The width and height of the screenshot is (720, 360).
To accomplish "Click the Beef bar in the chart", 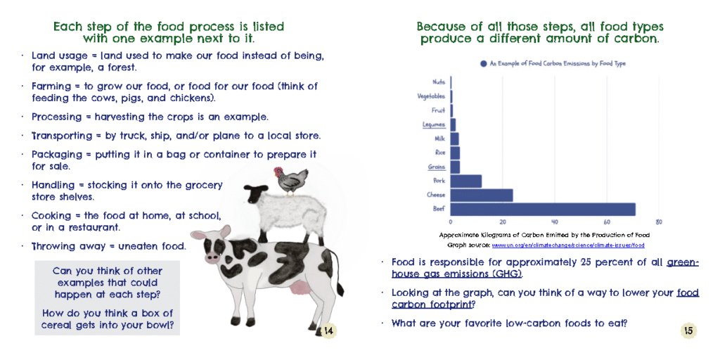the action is coord(543,209).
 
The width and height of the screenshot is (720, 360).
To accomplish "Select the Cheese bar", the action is coord(482,195).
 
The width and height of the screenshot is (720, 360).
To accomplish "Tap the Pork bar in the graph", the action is coord(466,181).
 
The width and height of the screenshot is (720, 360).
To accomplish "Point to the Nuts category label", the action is coord(439,82).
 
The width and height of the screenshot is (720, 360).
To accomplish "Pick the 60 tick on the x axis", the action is coord(607,222).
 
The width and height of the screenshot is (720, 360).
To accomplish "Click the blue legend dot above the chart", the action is coord(483,64).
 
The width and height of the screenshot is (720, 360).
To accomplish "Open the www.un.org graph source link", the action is coord(568,245).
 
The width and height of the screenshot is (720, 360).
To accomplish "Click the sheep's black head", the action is coord(256,193).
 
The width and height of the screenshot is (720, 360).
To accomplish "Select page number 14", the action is coord(328,330).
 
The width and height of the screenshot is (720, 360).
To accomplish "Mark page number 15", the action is coord(688,330).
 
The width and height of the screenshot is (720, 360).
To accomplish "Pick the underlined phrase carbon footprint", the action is coord(432,304).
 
